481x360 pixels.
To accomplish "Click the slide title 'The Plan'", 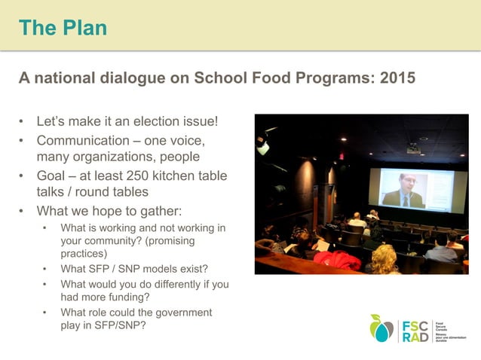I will [63, 28].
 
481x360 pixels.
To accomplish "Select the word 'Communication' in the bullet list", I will [83, 140].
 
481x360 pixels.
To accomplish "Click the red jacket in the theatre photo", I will [338, 261].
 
